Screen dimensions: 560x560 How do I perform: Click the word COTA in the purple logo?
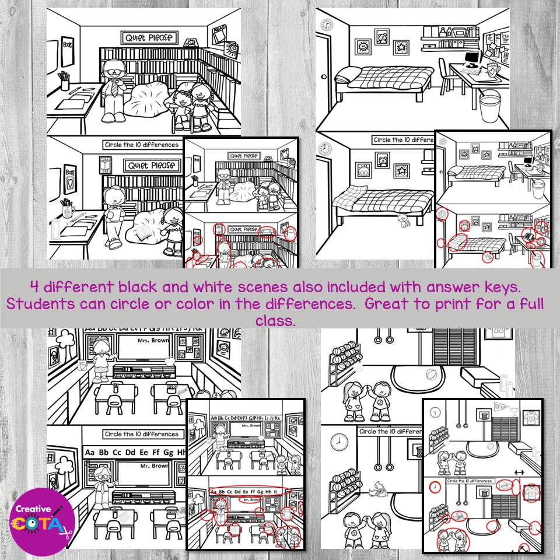click(36, 524)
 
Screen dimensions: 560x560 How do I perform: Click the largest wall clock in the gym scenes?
click(339, 442)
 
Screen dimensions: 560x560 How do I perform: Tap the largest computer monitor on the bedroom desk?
click(473, 57)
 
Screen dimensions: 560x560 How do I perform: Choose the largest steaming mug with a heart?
click(495, 70)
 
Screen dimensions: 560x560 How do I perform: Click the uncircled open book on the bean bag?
click(142, 235)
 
